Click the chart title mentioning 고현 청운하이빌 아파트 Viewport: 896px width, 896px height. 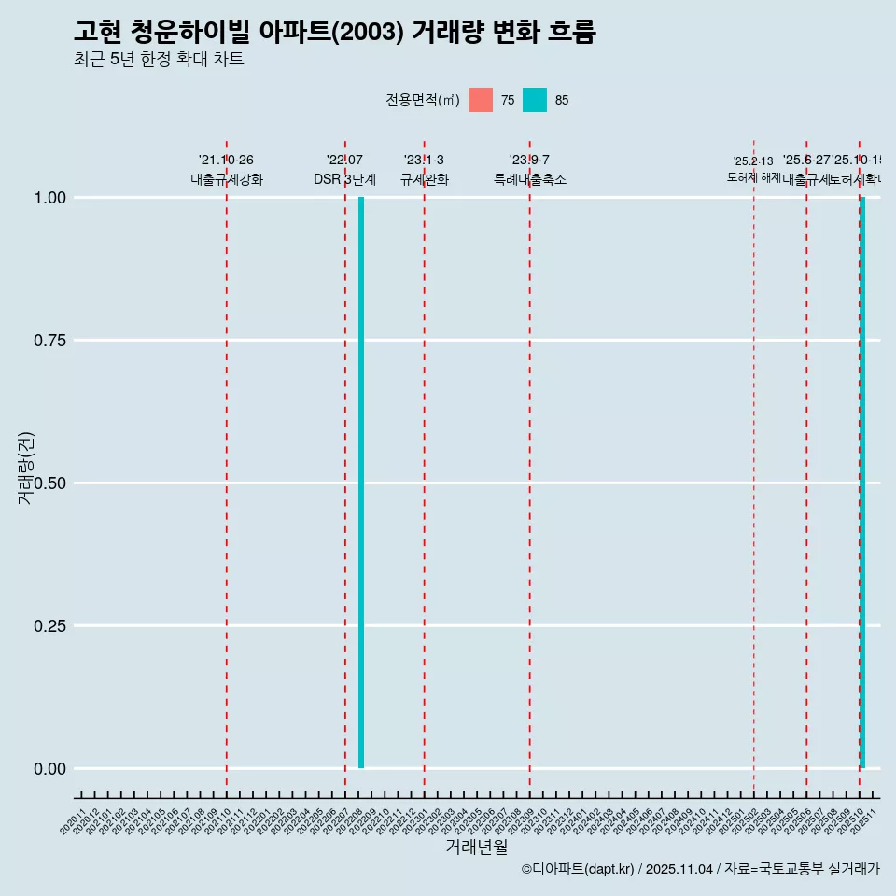coord(334,32)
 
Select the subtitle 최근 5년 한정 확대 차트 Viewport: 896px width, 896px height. coord(159,60)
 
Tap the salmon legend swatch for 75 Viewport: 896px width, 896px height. coord(481,100)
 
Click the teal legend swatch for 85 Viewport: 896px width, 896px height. coord(535,100)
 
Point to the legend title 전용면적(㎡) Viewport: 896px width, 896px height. coord(422,100)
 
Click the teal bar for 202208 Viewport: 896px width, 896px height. coord(361,483)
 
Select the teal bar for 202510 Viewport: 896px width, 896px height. coord(862,483)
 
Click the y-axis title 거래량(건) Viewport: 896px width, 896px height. coord(25,468)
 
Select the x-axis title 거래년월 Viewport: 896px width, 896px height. coord(476,847)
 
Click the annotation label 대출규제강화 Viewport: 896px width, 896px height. coord(227,179)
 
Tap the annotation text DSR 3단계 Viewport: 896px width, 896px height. coord(344,179)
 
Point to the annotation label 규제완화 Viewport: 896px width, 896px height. coord(425,179)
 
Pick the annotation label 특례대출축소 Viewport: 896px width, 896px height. coord(530,179)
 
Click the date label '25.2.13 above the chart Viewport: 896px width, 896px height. coord(753,161)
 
